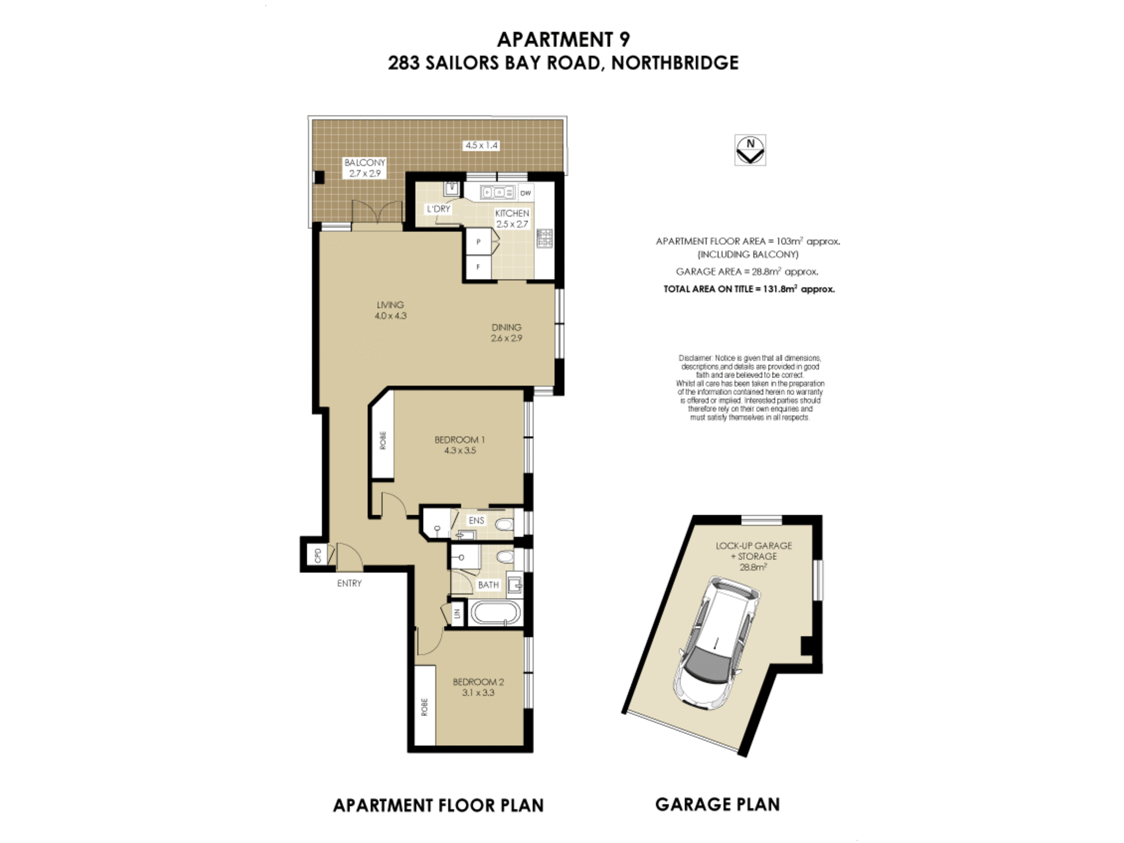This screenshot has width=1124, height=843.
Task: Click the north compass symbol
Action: (750, 149)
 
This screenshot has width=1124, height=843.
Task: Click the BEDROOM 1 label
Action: (459, 439)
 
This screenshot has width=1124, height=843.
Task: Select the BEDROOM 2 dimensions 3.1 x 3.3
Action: (478, 693)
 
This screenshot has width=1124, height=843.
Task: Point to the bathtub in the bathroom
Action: (495, 613)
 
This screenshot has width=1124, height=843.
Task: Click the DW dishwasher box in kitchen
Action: (525, 193)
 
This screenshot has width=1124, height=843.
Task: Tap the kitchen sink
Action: (497, 193)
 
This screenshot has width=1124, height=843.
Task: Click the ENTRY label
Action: (349, 583)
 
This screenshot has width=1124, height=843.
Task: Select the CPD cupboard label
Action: (318, 555)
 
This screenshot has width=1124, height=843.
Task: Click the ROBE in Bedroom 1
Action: (383, 440)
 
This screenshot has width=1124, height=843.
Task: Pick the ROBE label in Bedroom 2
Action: (424, 707)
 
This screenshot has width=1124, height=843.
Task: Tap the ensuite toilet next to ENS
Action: (505, 525)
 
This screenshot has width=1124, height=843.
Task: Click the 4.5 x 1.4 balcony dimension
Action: (481, 145)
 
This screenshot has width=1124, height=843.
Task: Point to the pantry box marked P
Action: (478, 242)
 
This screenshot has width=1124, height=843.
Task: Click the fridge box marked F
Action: (478, 268)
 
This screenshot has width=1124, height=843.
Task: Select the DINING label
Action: (506, 327)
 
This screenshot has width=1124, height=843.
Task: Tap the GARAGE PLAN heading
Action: (717, 805)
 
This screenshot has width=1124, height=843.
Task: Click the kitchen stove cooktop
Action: (544, 238)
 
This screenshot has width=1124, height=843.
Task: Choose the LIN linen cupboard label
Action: (457, 613)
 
